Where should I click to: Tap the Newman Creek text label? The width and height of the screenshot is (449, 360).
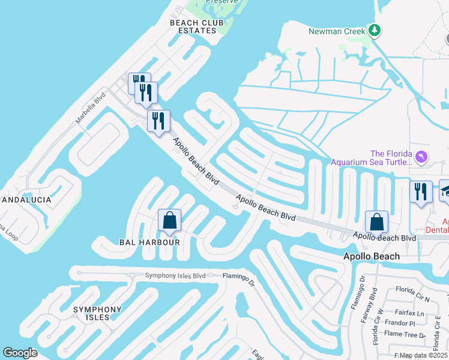click(336, 31)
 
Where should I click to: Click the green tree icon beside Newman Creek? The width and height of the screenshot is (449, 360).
click(375, 30)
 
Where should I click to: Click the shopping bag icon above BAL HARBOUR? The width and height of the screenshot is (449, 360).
click(170, 220)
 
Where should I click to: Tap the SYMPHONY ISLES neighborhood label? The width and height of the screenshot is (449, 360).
click(97, 313)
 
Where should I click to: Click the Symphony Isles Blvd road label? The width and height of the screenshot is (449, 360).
click(175, 276)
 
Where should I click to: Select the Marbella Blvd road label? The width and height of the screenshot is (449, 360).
click(86, 111)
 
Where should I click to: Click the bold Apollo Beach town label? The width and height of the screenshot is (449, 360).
click(371, 256)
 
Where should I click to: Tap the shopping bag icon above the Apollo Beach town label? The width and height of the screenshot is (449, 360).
click(376, 221)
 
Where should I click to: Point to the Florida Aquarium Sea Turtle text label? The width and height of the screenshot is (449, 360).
click(372, 158)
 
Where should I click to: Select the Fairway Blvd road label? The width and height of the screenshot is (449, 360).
click(373, 304)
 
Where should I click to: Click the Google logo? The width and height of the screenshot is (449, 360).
click(20, 353)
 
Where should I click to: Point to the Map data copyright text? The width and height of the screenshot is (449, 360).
click(424, 355)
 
